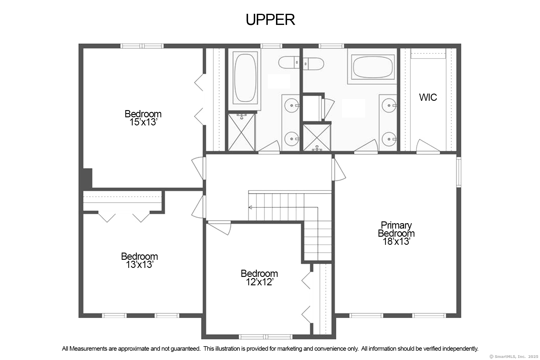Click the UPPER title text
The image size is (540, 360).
270,20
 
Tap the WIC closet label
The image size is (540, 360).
428,97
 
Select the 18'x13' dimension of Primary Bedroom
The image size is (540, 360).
396,241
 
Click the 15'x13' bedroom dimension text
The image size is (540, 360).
143,122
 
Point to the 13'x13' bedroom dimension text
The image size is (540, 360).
139,265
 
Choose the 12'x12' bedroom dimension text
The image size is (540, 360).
259,282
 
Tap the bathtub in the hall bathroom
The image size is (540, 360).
245,78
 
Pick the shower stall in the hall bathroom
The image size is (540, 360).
241,132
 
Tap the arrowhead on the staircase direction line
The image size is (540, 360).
250,207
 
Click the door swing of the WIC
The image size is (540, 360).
427,146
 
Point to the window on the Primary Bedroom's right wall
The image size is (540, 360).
458,172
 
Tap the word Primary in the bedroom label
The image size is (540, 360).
396,225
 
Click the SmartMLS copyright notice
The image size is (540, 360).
514,356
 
